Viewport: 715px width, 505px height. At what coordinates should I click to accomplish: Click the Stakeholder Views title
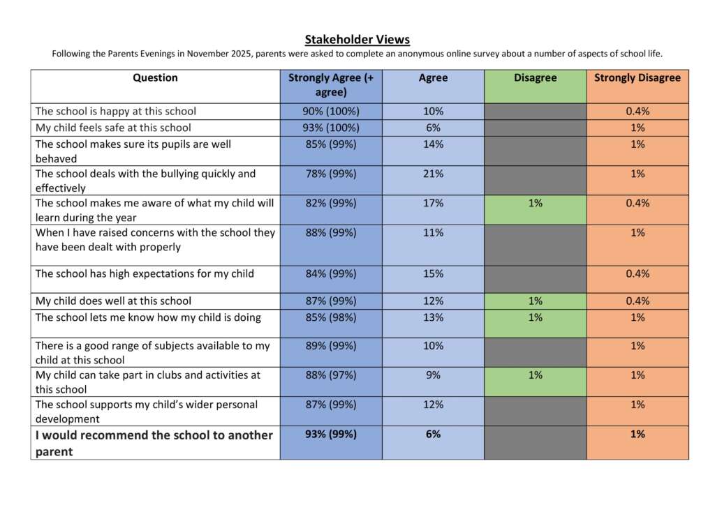coord(357,40)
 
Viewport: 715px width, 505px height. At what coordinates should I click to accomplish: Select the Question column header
coord(155,78)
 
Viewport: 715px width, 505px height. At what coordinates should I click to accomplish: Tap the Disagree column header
coord(535,78)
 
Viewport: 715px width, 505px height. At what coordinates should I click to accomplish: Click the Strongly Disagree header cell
coord(637,78)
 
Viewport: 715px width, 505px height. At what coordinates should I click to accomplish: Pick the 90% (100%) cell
coord(331,112)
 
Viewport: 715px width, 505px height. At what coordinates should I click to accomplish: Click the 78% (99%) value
coord(331,174)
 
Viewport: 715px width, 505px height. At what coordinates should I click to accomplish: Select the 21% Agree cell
coord(433,174)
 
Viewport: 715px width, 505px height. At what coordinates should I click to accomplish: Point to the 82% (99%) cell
coord(331,203)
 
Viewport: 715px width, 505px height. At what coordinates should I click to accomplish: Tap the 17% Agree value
coord(433,203)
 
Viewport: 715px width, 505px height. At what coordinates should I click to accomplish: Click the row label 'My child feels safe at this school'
coord(113,128)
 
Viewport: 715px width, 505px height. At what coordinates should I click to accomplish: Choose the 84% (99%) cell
coord(331,274)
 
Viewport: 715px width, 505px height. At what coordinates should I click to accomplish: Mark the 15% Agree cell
coord(433,274)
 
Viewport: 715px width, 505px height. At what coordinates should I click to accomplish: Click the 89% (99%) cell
coord(331,346)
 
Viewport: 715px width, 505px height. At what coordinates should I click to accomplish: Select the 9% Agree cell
coord(433,375)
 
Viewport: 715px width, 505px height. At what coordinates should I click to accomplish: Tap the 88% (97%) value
coord(331,375)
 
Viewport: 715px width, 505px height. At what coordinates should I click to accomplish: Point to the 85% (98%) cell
coord(331,318)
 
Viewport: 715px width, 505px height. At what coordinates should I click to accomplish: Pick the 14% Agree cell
coord(433,144)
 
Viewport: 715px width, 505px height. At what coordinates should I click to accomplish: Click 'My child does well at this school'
coord(113,301)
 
